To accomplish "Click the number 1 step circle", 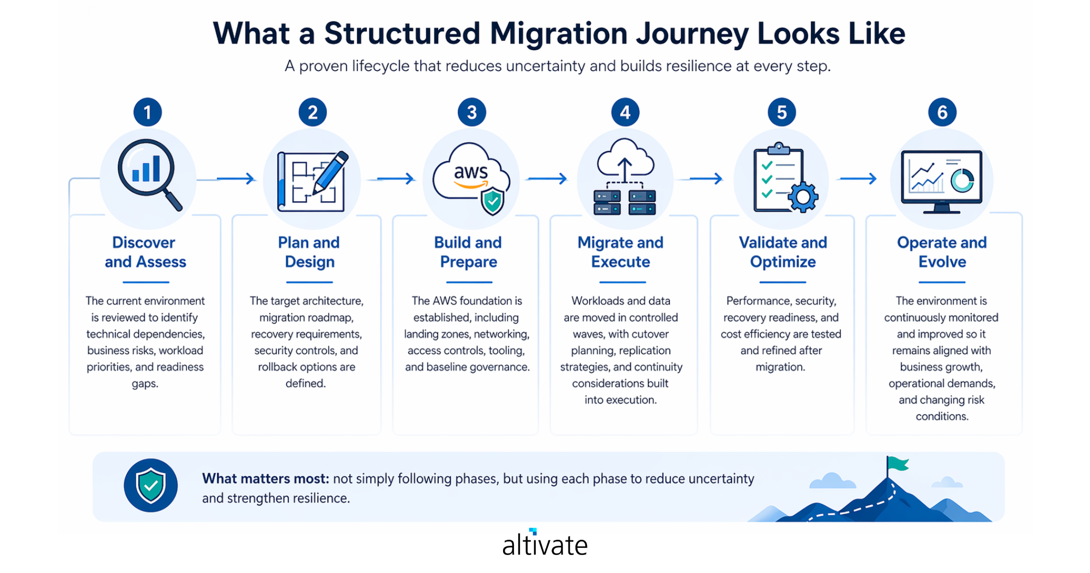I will tap(147, 112).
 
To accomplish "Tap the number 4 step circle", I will tap(625, 112).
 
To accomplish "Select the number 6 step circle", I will tap(942, 112).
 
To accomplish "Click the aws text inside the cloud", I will tap(470, 172).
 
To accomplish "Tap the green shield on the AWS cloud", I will tap(493, 201).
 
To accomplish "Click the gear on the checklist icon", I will tap(803, 197).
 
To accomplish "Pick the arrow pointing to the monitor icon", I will tap(858, 179).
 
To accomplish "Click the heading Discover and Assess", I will tap(145, 252).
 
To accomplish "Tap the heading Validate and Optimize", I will tap(783, 252).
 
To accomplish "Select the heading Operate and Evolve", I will tap(942, 252).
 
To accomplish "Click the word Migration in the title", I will tap(558, 34).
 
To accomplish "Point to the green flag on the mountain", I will tap(897, 465).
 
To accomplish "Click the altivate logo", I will tap(544, 544).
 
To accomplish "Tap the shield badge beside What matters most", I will tap(150, 485).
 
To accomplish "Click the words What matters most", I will tap(265, 479).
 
